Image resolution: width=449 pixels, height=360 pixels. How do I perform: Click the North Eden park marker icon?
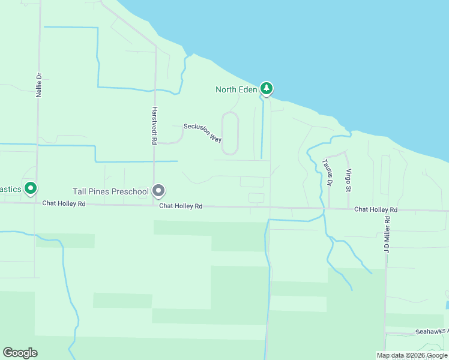pyautogui.click(x=266, y=89)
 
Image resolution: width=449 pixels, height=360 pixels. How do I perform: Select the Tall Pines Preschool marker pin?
pyautogui.click(x=158, y=191)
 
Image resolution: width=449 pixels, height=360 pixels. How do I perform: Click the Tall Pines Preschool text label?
pyautogui.click(x=110, y=191)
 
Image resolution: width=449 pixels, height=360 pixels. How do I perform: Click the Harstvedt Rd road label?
pyautogui.click(x=154, y=125)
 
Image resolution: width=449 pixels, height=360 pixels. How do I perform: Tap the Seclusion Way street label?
pyautogui.click(x=203, y=132)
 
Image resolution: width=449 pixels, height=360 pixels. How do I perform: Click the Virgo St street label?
pyautogui.click(x=348, y=179)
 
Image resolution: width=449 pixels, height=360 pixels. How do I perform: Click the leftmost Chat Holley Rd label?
pyautogui.click(x=64, y=204)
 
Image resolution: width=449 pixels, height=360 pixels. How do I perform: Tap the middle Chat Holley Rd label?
pyautogui.click(x=181, y=206)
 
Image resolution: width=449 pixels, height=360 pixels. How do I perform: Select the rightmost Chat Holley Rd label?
pyautogui.click(x=376, y=209)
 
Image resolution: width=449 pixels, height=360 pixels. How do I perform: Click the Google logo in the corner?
pyautogui.click(x=20, y=353)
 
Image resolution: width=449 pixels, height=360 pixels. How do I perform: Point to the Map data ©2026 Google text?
pyautogui.click(x=412, y=355)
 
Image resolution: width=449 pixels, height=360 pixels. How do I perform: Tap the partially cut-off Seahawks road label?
pyautogui.click(x=432, y=332)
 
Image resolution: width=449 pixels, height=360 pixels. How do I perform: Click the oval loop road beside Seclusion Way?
pyautogui.click(x=231, y=133)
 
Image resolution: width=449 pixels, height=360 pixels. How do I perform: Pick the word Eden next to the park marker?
pyautogui.click(x=249, y=90)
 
